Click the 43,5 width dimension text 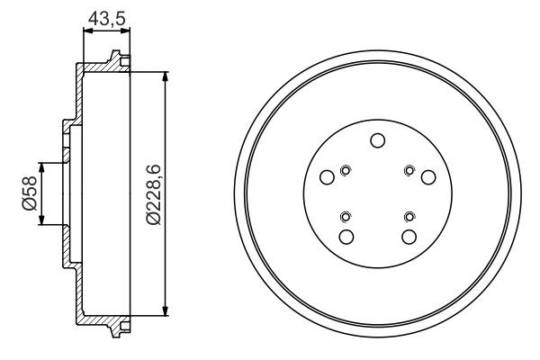coord(106,15)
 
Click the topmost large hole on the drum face coord(377,139)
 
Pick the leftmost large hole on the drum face coord(328,177)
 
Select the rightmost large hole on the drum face coord(428,177)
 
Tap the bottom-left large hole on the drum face coord(346,236)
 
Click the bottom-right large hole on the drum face coord(409,236)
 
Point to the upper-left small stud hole coord(346,168)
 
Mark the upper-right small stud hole coord(409,168)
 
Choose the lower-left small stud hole coord(346,216)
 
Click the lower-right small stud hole coord(409,216)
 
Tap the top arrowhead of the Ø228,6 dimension coord(166,76)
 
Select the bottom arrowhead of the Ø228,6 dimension coord(166,311)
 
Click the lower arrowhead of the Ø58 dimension coord(40,221)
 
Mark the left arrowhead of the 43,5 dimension coord(86,31)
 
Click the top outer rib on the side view coord(115,58)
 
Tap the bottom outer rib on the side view coord(115,330)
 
